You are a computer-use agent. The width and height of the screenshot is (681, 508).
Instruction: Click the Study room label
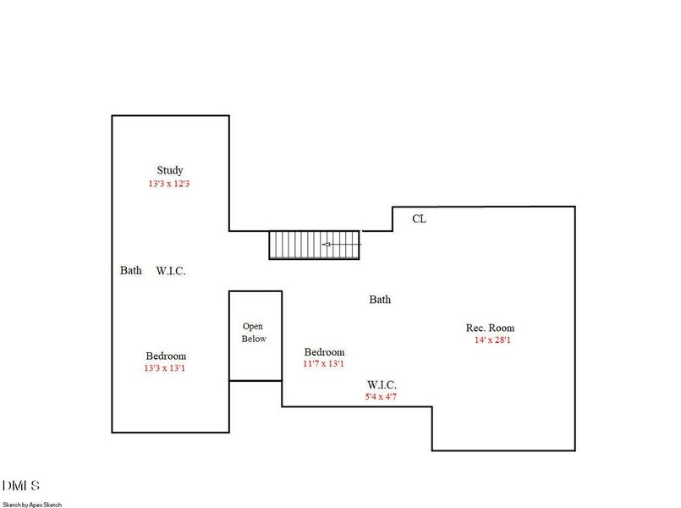170,170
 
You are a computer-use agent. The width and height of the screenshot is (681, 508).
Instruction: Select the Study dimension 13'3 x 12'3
169,184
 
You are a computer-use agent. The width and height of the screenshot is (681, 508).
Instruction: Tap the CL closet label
419,218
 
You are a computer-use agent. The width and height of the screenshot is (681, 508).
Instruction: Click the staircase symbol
314,245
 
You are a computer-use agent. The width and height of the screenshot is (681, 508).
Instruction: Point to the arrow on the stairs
342,244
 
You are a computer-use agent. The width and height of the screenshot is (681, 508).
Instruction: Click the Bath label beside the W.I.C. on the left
131,270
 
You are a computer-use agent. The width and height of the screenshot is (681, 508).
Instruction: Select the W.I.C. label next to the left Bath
171,271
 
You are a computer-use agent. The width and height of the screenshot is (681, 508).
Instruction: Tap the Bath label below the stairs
380,300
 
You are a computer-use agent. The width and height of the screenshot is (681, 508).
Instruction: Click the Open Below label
254,333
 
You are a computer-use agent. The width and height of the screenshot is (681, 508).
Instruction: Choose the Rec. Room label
491,328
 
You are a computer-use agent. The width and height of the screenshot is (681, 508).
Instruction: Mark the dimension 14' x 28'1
492,340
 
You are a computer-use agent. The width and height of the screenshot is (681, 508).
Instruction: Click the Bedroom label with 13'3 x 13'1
166,356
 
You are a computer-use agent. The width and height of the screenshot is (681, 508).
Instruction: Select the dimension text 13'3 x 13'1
165,368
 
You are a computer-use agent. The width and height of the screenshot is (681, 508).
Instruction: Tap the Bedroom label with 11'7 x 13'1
325,352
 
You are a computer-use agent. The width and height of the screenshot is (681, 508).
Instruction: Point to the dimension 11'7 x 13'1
323,363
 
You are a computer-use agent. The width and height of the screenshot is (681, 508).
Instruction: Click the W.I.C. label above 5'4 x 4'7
382,384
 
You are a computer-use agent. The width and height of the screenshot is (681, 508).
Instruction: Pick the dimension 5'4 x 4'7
381,396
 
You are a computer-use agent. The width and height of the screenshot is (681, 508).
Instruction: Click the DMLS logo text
21,485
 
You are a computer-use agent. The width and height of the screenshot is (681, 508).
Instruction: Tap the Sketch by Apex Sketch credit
32,505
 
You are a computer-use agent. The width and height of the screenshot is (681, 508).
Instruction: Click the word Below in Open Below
254,339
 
